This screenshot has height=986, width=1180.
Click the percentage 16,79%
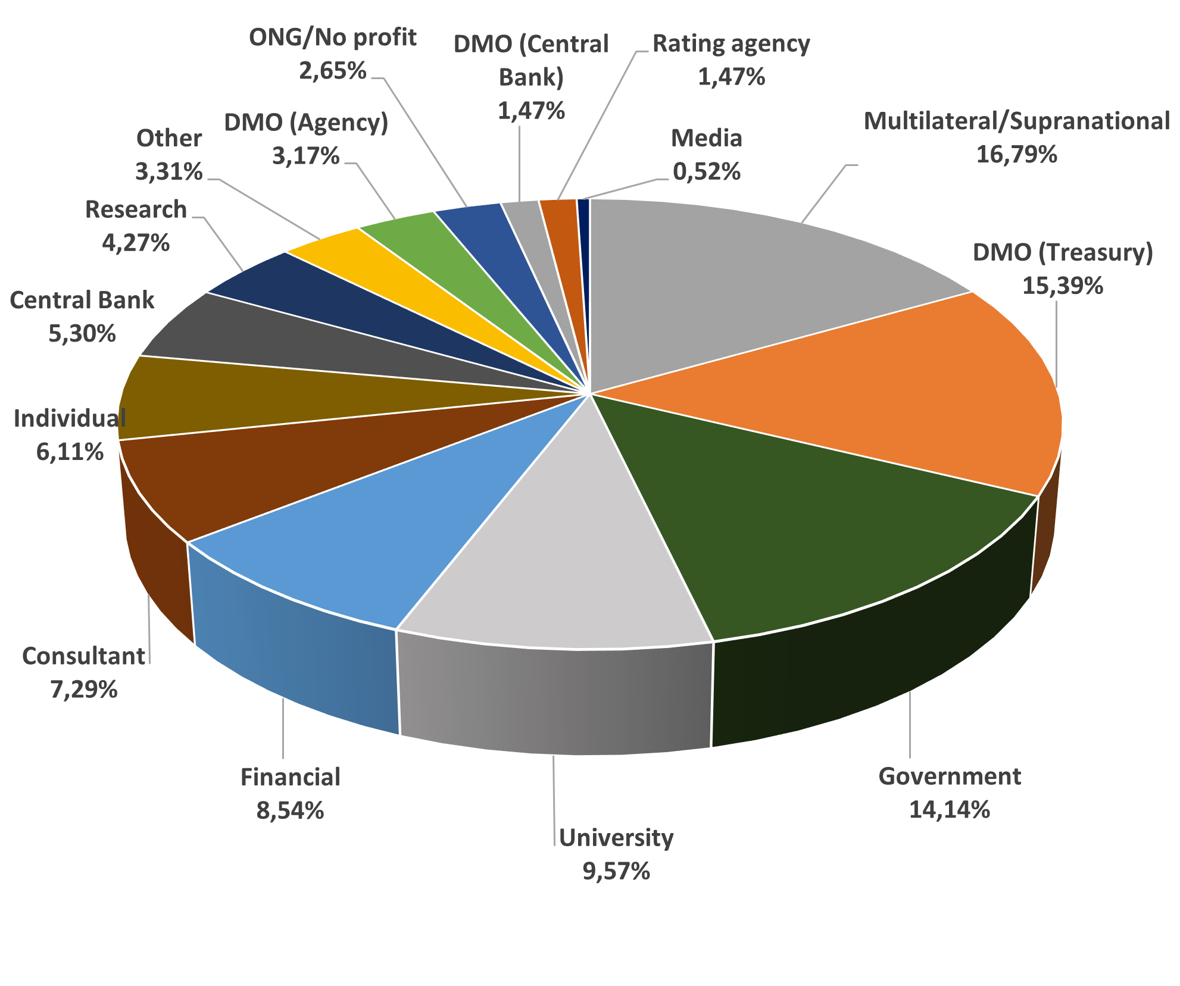[x=1016, y=155]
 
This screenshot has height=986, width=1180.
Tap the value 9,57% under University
[x=616, y=871]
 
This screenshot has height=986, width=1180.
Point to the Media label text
[x=707, y=138]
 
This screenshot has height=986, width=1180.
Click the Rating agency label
[x=731, y=44]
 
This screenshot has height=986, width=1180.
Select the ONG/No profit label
[x=332, y=37]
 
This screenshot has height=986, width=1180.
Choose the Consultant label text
[x=83, y=656]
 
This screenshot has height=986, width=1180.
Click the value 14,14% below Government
[x=950, y=809]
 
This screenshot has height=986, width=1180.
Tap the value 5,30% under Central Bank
[x=82, y=334]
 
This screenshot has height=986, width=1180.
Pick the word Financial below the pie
[x=290, y=777]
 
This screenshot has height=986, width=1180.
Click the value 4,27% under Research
[x=136, y=243]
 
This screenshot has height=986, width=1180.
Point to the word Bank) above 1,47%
[x=531, y=77]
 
